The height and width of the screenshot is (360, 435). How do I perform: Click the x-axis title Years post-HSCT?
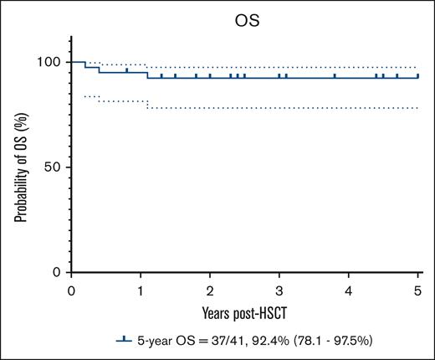tap(245, 311)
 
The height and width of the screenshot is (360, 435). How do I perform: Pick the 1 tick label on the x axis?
tap(141, 290)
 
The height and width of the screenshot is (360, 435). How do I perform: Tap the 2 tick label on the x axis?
tap(210, 290)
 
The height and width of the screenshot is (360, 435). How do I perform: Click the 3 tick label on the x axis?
tap(279, 290)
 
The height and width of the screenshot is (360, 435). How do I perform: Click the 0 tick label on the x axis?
tap(71, 290)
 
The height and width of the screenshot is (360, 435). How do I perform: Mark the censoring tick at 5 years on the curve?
tap(417, 75)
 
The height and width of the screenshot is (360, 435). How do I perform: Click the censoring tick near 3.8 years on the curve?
tap(335, 75)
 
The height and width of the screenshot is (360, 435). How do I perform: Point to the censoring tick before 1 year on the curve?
tap(126, 70)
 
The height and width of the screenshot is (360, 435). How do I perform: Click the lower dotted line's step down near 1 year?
tap(148, 105)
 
